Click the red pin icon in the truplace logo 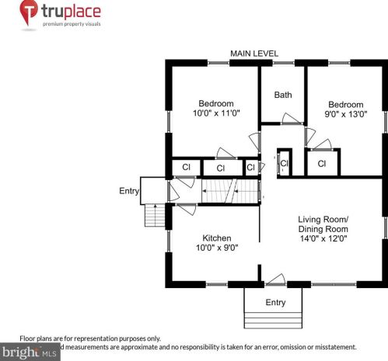coord(29,12)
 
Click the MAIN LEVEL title coord(254,54)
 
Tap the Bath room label coord(282,95)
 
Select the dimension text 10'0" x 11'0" coord(215,113)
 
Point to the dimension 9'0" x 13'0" coord(345,114)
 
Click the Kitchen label coord(217,238)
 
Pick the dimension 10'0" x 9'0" coord(216,248)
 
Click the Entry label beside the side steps coord(129,191)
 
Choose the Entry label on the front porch coord(275,302)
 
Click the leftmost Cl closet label coord(186,167)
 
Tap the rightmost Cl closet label coord(321,164)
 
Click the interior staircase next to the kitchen coord(229,191)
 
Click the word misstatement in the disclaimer coord(333,346)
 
